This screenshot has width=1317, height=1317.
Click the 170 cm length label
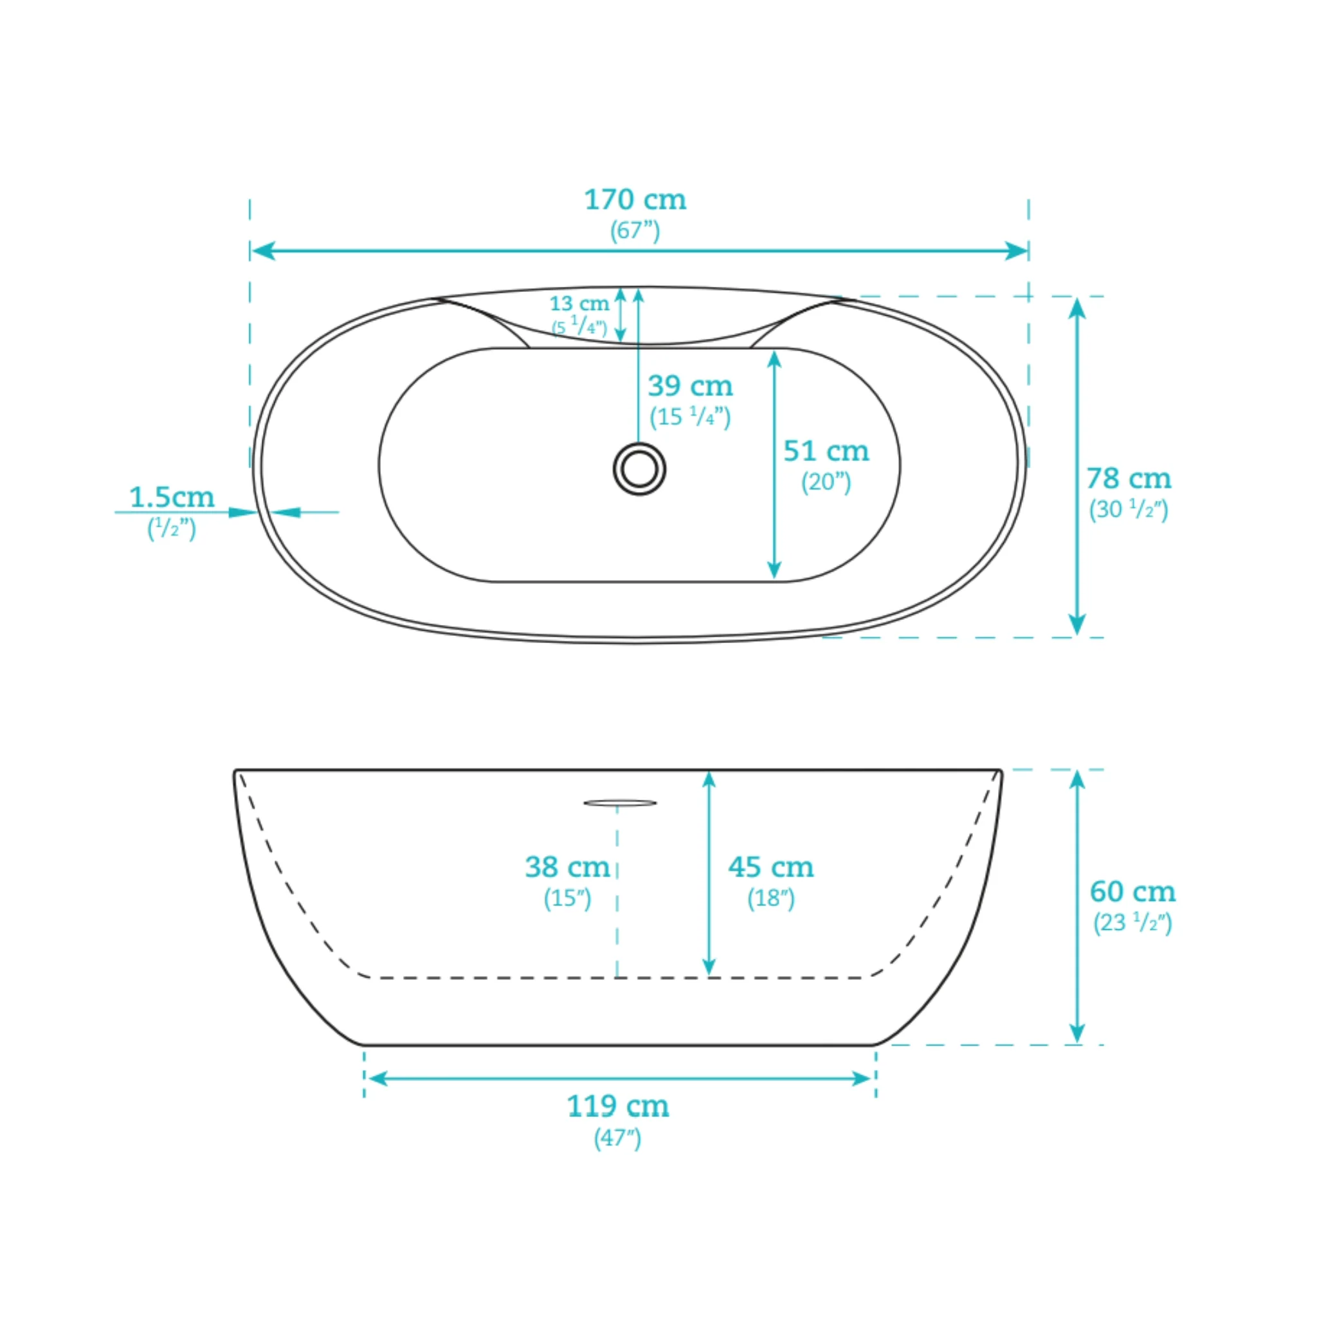635,200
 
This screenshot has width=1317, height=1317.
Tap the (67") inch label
635,231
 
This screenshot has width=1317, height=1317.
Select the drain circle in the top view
639,469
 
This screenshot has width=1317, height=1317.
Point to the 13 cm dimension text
579,304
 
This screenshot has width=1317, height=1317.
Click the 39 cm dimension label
691,386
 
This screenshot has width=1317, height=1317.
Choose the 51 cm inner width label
826,451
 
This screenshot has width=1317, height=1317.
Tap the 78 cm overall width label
1129,478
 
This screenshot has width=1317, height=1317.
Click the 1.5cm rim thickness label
172,497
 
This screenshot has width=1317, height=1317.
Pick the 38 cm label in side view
567,867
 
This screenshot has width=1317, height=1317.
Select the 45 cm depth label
771,867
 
